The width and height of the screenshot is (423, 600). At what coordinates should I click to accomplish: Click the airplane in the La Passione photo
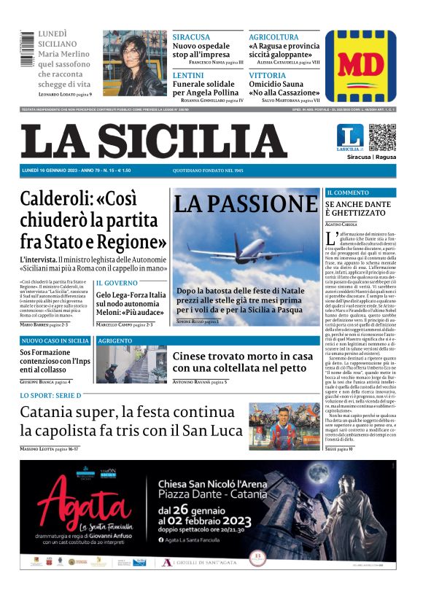tap(245, 253)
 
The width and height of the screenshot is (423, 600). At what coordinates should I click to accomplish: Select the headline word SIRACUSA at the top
tap(190, 37)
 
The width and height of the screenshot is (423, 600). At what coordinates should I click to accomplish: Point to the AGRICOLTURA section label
tap(273, 37)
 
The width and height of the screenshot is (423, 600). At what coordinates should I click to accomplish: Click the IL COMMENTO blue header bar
tap(361, 192)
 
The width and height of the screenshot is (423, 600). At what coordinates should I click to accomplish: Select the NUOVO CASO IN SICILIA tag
tap(55, 340)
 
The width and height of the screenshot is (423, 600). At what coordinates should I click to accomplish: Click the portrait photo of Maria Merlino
tap(134, 63)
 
